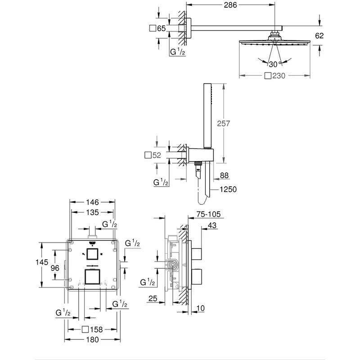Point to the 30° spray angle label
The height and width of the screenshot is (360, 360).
coord(274,63)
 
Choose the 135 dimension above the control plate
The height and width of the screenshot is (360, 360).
coord(94,212)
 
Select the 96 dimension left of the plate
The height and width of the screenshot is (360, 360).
coord(55,268)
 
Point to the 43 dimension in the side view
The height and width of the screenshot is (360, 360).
coord(213,226)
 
